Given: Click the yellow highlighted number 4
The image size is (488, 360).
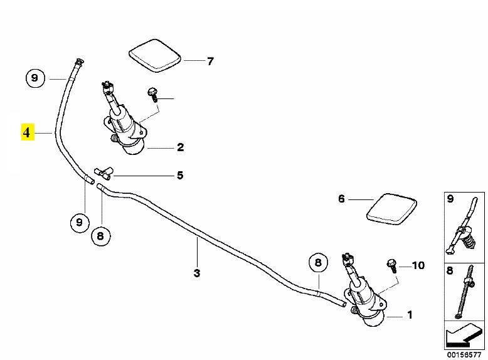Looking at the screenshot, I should pos(27,133).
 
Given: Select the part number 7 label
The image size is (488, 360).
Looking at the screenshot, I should pos(210,61).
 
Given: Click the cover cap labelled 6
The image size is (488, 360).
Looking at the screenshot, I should pos(391,208).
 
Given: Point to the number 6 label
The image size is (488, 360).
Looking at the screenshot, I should pos(342,199).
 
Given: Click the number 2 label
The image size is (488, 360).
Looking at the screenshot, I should pos(180,148).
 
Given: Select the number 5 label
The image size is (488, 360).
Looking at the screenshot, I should pos(180,175).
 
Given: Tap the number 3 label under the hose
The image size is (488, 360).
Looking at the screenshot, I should pos(196,273).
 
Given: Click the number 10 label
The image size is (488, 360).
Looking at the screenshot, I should pos(418,265).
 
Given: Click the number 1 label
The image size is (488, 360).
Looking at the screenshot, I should pos(410,315).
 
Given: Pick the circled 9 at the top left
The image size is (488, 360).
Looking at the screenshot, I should pos(34,78).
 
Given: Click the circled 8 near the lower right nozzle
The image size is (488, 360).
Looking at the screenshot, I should pos(317,262).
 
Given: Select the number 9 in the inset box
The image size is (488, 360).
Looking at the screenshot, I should pos(450,199).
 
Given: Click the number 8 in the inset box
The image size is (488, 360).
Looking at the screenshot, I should pos(450,272).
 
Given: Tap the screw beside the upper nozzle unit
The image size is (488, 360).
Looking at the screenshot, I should pos(152,95).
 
